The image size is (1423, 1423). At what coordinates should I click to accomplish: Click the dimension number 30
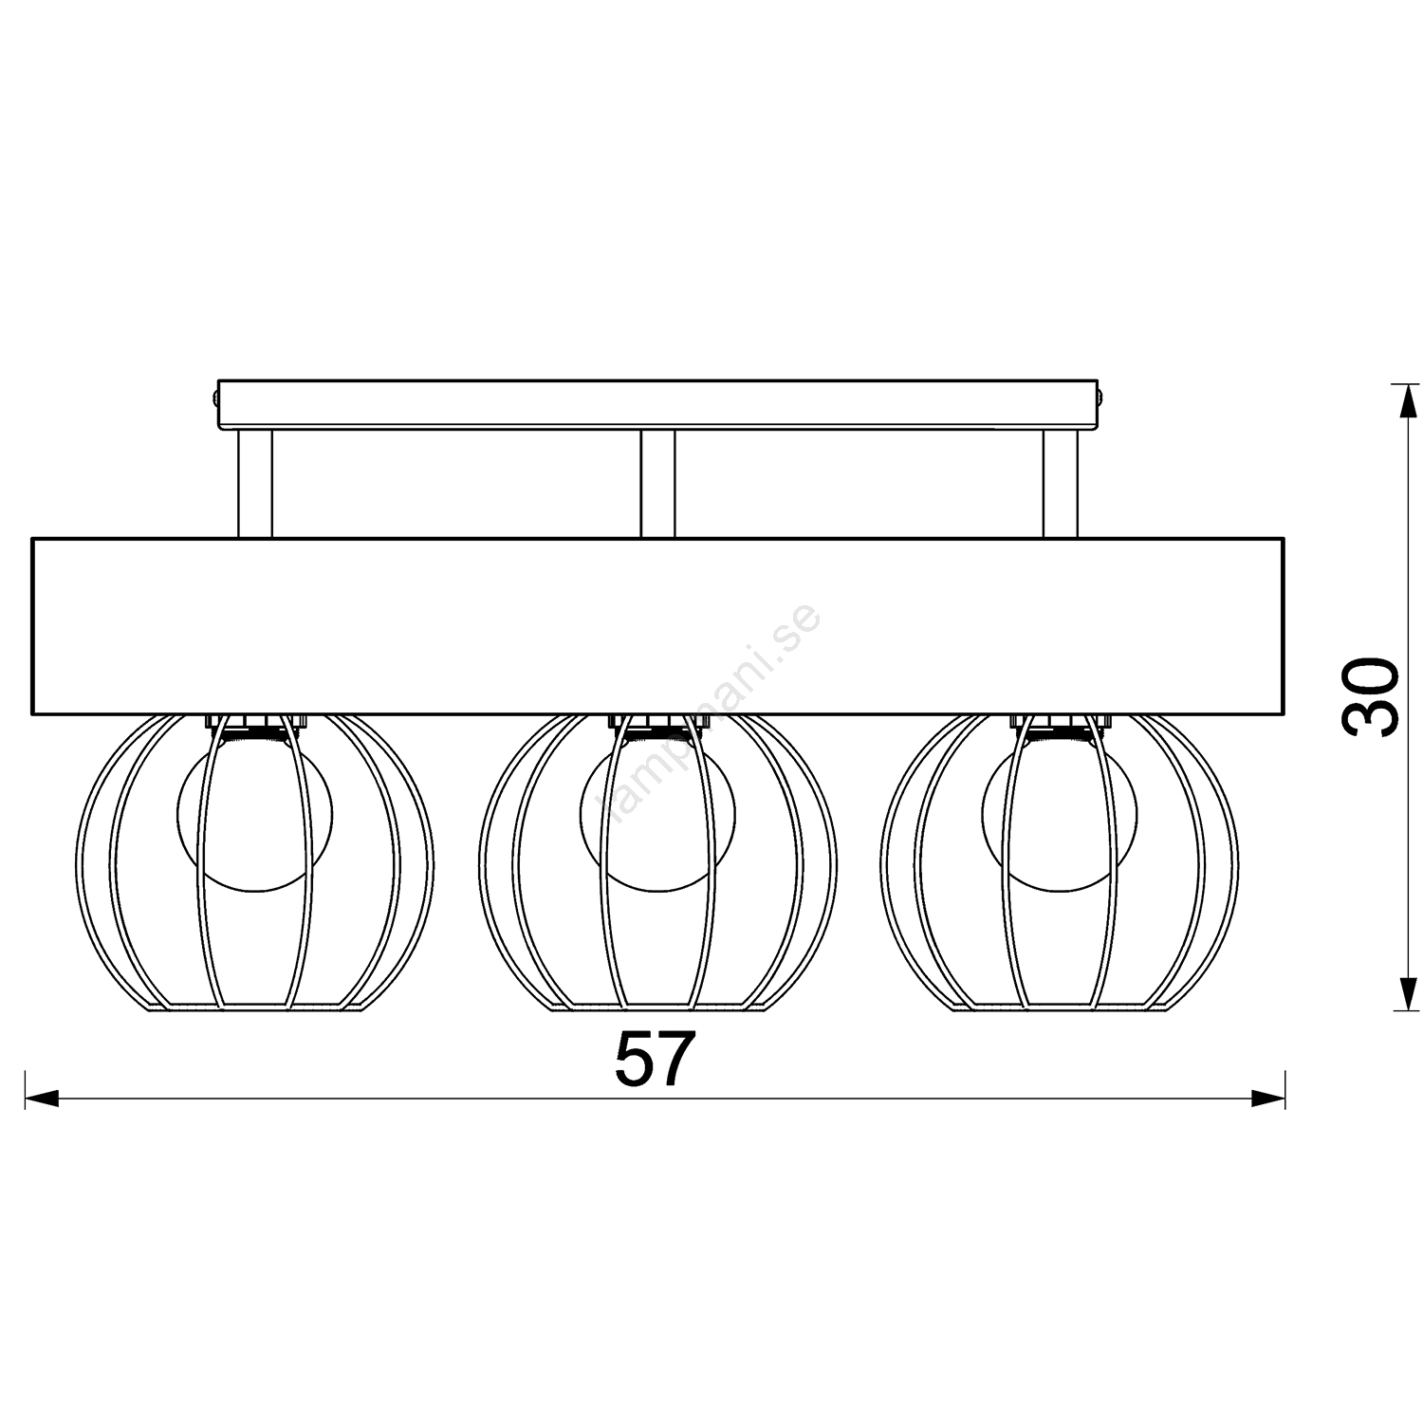click(x=1370, y=695)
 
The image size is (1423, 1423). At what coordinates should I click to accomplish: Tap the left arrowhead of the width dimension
click(x=42, y=1100)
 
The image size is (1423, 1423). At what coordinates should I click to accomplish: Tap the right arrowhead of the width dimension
click(x=1267, y=1100)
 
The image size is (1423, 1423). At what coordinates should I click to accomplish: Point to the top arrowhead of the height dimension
click(x=1402, y=400)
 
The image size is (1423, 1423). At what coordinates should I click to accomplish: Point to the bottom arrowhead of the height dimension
click(x=1402, y=994)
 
